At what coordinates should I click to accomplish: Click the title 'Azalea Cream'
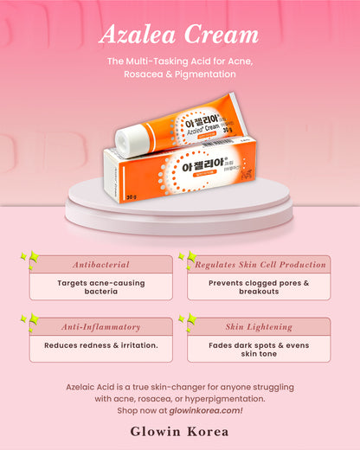(x=179, y=35)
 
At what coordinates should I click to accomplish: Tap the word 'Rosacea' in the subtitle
(x=149, y=74)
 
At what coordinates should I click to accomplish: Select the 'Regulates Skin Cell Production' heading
(x=259, y=265)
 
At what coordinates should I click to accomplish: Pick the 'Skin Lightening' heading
(x=259, y=327)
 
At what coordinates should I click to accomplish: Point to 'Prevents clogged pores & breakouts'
(x=259, y=286)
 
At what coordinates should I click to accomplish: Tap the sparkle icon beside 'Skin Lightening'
(x=187, y=322)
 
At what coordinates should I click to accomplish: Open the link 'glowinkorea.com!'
(x=208, y=409)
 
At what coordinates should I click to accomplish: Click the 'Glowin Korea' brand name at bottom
(x=179, y=430)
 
